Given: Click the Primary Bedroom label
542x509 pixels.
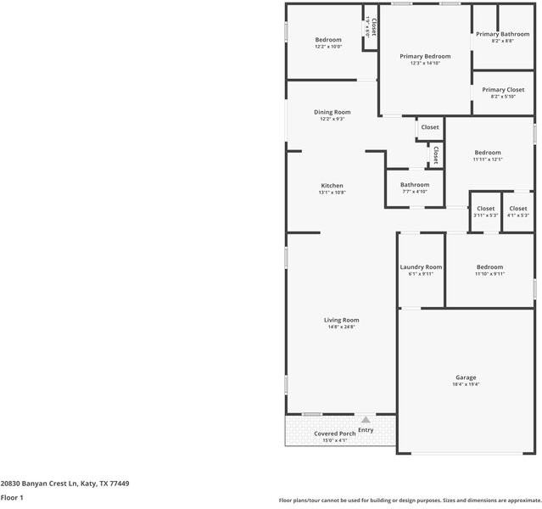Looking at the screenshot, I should click(x=425, y=56).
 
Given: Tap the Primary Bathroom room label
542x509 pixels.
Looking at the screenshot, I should click(x=502, y=34).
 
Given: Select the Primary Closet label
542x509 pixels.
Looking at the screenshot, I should click(x=503, y=89).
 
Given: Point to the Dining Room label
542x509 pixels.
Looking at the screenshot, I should click(x=332, y=112).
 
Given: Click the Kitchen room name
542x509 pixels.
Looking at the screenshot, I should click(x=332, y=186).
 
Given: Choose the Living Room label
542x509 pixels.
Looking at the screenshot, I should click(x=342, y=320).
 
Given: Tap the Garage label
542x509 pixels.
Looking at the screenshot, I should click(x=466, y=378).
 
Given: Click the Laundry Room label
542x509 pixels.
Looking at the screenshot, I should click(x=421, y=266).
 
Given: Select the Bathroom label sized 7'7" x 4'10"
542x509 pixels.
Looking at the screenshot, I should click(x=415, y=184).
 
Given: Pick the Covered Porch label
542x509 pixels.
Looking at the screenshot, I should click(x=335, y=433).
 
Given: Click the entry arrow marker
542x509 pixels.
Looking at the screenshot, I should click(x=366, y=419).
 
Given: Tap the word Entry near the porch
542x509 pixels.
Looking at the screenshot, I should click(x=366, y=430).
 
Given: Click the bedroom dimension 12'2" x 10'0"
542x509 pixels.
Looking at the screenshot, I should click(x=328, y=47).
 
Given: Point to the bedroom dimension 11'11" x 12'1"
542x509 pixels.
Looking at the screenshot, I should click(x=488, y=159).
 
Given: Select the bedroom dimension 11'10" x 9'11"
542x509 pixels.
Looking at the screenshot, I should click(x=489, y=273).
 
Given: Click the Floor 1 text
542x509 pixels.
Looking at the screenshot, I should click(x=12, y=498).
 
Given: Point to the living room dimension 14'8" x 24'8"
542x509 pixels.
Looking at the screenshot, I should click(x=342, y=327).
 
